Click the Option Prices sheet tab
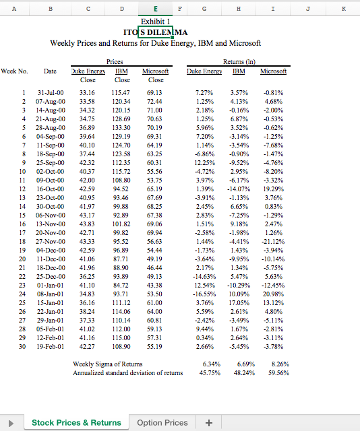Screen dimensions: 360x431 pos(162,422)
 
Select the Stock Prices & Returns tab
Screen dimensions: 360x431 pos(76,422)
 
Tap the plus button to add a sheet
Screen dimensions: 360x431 pos(209,422)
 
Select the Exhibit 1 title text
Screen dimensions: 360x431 pos(156,22)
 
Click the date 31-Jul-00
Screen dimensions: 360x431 pos(51,92)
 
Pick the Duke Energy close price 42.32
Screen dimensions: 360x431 pos(87,162)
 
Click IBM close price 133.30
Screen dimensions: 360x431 pos(121,127)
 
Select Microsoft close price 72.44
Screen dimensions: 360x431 pos(155,100)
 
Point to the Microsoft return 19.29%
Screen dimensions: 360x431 pos(274,189)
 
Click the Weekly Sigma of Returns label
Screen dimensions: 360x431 pos(107,364)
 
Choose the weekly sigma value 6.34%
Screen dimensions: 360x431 pos(204,364)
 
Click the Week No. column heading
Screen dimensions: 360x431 pos(14,70)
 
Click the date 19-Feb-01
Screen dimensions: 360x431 pos(51,347)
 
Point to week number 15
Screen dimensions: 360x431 pos(24,215)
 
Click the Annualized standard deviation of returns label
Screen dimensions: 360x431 pos(127,372)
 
